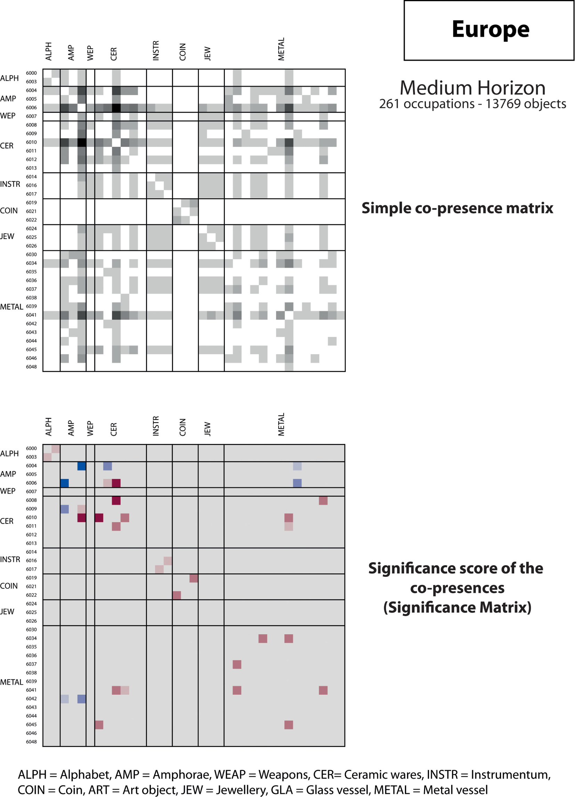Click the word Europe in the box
pos(490,30)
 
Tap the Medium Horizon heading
pos(472,88)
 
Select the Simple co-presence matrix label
pos(457,208)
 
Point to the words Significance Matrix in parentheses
pos(457,607)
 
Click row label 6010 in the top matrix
pos(31,142)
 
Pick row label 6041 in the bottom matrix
pos(31,690)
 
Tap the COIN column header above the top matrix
pos(183,52)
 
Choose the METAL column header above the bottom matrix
pos(281,424)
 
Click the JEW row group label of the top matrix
pos(7,237)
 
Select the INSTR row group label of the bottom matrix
pos(10,559)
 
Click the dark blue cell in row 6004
pos(81,466)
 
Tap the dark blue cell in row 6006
pos(64,483)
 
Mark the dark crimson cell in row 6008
pos(116,500)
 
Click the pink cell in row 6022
pos(177,595)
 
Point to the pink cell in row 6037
pos(237,664)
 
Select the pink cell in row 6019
pos(194,578)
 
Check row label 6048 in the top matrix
pos(31,367)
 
